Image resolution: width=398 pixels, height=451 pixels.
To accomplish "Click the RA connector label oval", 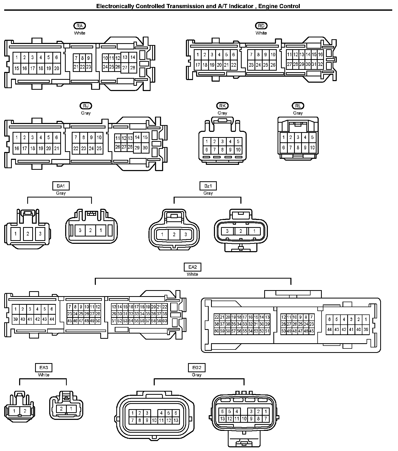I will (x=80, y=26).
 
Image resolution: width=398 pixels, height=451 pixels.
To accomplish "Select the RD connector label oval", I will (x=261, y=26).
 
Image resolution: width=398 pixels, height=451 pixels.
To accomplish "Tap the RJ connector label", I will (x=86, y=106).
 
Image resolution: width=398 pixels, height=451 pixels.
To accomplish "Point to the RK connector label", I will (x=222, y=106).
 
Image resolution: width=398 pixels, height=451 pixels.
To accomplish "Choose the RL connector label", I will (x=298, y=106).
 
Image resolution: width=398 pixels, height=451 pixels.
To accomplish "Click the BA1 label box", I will (x=61, y=186).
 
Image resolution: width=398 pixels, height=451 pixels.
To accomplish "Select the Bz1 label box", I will (x=208, y=186).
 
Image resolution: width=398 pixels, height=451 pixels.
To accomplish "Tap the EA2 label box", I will (x=192, y=267).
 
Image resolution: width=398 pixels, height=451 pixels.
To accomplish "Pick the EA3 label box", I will (x=43, y=368).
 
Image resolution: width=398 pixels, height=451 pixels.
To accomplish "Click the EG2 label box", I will (x=197, y=368).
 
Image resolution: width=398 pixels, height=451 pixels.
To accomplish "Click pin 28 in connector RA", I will (x=133, y=68).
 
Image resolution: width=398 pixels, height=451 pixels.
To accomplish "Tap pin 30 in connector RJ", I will (x=145, y=148).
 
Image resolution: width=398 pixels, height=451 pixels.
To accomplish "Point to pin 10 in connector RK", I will (x=238, y=150).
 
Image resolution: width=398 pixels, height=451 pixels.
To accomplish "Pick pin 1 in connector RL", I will (x=284, y=137).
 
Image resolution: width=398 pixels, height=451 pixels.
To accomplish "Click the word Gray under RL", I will (x=298, y=113).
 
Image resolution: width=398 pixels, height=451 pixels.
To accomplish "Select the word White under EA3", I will (x=43, y=375).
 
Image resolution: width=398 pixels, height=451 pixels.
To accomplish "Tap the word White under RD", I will (x=261, y=33).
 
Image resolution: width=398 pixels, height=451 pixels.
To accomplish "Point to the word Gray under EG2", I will (x=197, y=375).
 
